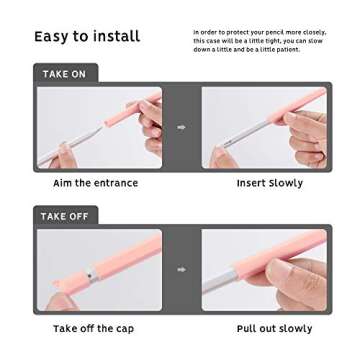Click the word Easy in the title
pos(51,37)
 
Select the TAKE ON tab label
pos(64,74)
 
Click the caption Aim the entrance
pos(95,183)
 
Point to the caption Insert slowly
pos(269,183)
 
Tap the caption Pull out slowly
pos(274,328)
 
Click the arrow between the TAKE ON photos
pos(181,127)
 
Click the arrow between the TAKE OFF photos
pos(181,269)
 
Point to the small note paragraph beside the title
pos(259,40)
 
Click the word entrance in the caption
pos(115,183)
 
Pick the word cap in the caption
pos(130,328)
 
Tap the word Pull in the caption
pos(248,328)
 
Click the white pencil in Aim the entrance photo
pos(75,145)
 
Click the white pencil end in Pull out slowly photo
pos(225,286)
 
